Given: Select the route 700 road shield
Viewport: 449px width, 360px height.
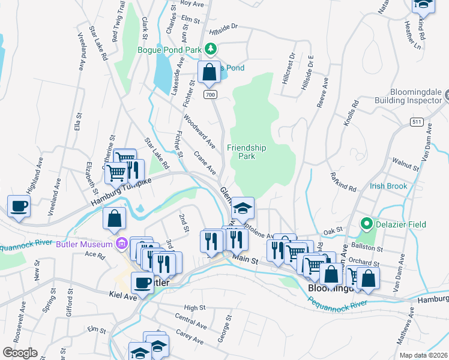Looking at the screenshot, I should (x=209, y=95).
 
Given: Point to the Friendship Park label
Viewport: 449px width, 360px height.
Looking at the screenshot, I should (x=246, y=152).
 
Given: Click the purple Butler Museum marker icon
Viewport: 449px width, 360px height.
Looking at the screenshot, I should (x=122, y=244).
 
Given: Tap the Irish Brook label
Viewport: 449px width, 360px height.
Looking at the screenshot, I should (x=388, y=187).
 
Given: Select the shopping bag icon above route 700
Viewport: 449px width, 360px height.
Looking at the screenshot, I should (x=209, y=72).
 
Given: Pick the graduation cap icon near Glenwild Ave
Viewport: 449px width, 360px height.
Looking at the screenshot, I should (x=243, y=208).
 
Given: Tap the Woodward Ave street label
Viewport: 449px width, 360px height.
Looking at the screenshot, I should (x=199, y=131).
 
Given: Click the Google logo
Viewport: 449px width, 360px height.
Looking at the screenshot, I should (x=20, y=353).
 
